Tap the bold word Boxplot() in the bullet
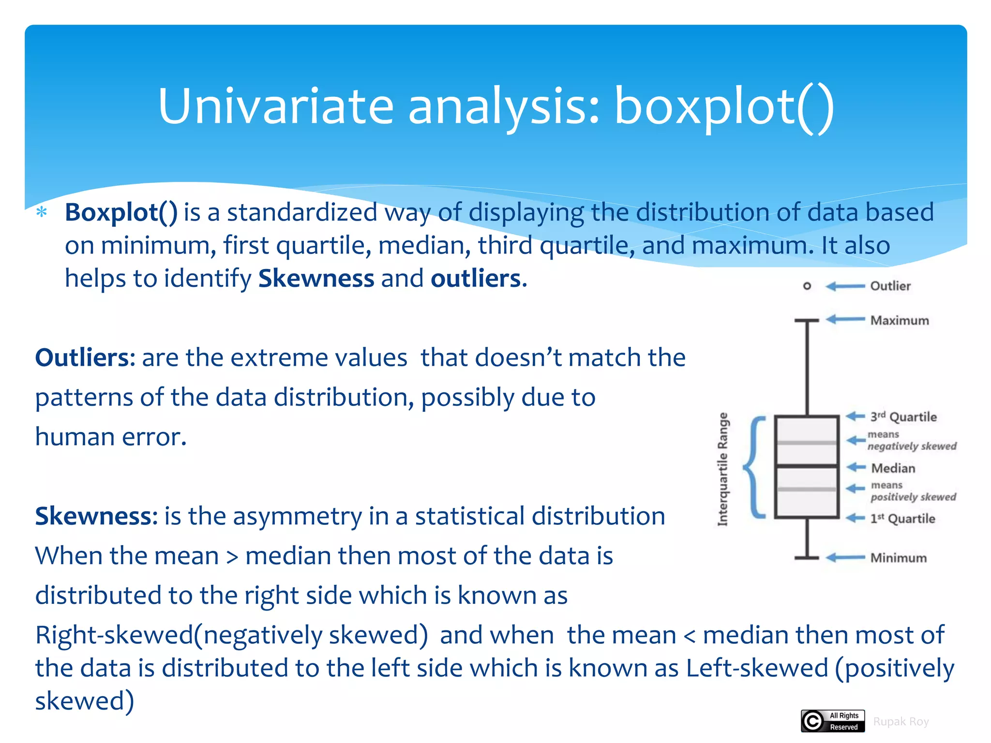pyautogui.click(x=121, y=213)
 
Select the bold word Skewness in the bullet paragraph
pyautogui.click(x=316, y=279)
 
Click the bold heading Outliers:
pyautogui.click(x=85, y=358)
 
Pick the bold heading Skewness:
pyautogui.click(x=96, y=516)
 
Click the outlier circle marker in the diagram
pyautogui.click(x=807, y=286)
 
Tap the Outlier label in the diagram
pyautogui.click(x=890, y=286)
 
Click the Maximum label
pyautogui.click(x=899, y=320)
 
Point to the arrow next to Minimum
pyautogui.click(x=845, y=558)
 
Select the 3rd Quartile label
pyautogui.click(x=903, y=416)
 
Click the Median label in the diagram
pyautogui.click(x=893, y=468)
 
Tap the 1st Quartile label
pyautogui.click(x=902, y=519)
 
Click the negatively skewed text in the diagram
pyautogui.click(x=912, y=446)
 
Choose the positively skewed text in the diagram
pyautogui.click(x=913, y=497)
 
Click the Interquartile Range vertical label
pyautogui.click(x=722, y=469)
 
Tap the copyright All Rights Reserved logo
pyautogui.click(x=832, y=721)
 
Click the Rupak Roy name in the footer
pyautogui.click(x=901, y=722)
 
